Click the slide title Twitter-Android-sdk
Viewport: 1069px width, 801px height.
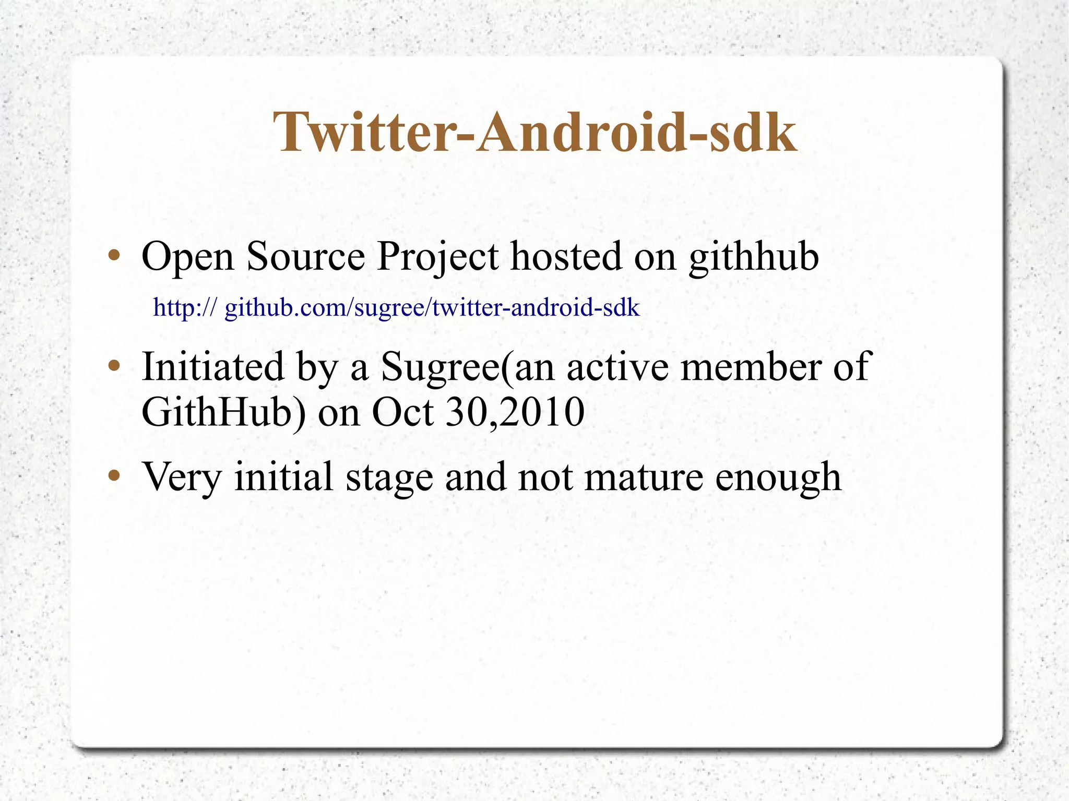(534, 133)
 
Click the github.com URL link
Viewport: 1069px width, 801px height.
(396, 307)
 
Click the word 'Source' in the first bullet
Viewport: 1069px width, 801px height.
(305, 257)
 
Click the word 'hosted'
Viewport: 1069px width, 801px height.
(566, 257)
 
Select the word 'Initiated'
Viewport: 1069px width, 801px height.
(213, 366)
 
